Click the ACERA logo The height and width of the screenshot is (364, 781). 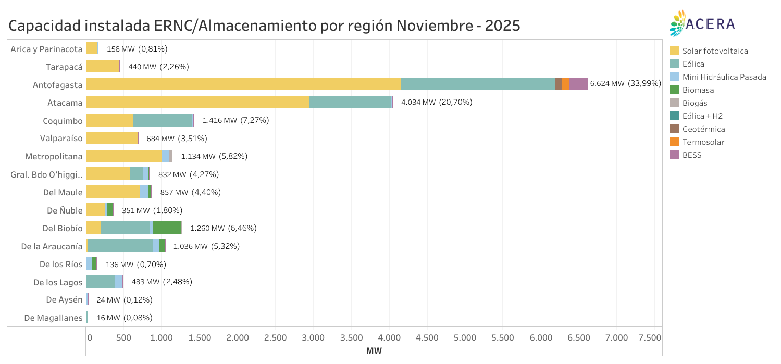tap(702, 23)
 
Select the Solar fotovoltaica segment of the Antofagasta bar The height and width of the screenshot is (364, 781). tap(243, 84)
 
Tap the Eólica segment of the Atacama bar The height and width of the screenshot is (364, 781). tap(350, 102)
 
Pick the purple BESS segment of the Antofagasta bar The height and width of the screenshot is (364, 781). tap(578, 84)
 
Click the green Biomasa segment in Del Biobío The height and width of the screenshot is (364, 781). tap(167, 228)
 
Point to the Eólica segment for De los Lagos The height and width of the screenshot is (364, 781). tap(101, 282)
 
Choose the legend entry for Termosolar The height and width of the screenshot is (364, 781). tap(703, 142)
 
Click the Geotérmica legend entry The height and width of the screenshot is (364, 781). tap(703, 129)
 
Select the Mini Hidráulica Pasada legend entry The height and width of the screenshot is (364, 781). tap(724, 77)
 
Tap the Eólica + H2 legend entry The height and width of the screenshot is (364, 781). tap(702, 116)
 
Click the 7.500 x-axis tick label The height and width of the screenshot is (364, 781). tap(650, 337)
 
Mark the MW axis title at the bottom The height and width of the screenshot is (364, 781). tap(374, 351)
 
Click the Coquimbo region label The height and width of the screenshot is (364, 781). tap(63, 121)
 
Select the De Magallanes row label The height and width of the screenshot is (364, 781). tap(53, 318)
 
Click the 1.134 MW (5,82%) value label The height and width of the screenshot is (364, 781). tap(214, 156)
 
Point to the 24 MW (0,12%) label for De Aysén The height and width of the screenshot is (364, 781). tap(124, 300)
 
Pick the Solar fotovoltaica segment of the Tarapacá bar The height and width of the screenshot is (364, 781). tap(103, 66)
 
